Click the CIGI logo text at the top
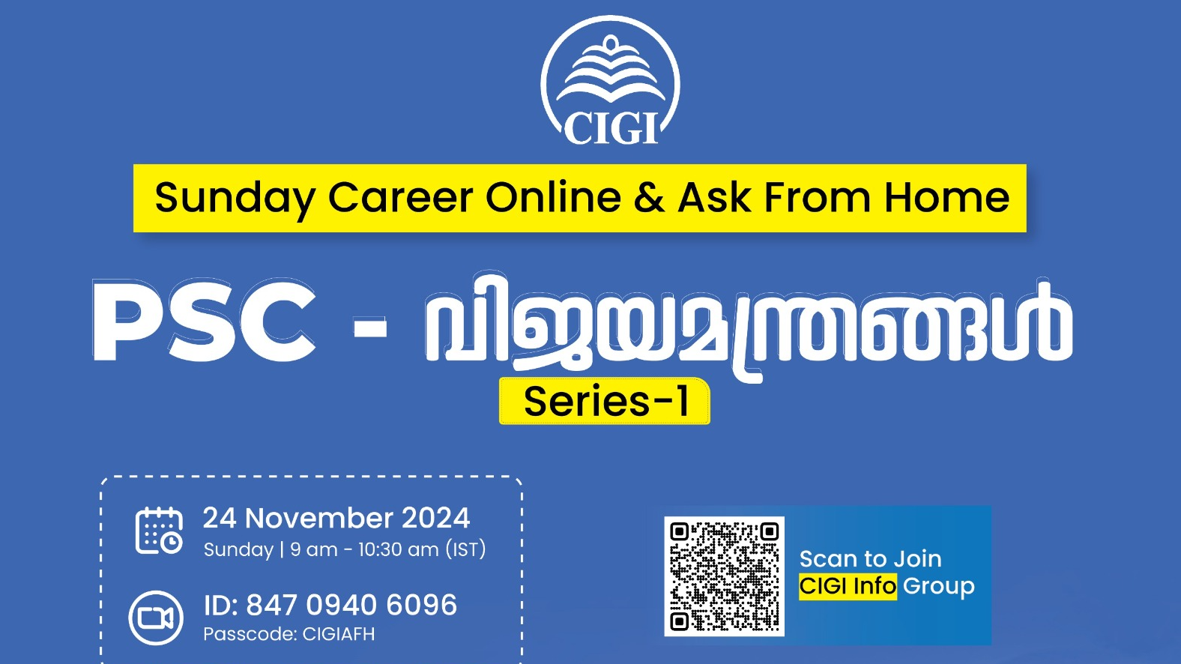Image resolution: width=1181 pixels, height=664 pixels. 611,128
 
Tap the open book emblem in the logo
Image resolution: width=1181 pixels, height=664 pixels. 611,70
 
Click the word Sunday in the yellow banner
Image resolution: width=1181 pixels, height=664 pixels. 235,199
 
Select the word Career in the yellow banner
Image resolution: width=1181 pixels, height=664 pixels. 400,198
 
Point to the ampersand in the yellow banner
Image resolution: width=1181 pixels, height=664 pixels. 649,198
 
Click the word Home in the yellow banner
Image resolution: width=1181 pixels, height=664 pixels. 946,198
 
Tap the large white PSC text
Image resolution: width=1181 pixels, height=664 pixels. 204,321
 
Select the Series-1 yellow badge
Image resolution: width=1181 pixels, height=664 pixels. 605,402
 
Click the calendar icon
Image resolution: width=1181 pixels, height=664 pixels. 159,531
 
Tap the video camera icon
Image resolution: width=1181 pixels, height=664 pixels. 156,618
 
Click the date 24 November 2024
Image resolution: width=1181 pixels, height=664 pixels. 336,518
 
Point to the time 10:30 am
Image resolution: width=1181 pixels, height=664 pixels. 399,549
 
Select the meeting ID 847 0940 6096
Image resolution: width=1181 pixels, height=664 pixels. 330,605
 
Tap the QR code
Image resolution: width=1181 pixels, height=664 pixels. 724,576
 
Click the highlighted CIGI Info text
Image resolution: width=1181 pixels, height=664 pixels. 848,587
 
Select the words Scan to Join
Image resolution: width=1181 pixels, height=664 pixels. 871,558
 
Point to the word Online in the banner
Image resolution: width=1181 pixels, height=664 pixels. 553,198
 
